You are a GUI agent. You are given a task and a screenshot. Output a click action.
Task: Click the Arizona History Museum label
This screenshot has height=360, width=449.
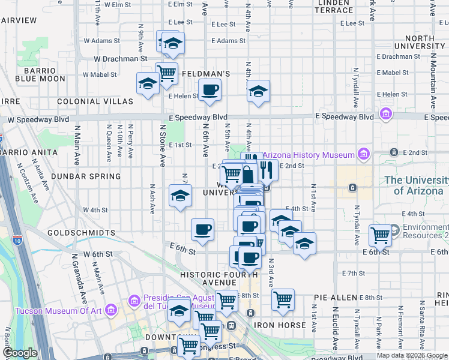pos(309,155)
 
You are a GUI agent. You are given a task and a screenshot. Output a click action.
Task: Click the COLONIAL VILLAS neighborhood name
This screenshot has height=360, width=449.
pos(95,102)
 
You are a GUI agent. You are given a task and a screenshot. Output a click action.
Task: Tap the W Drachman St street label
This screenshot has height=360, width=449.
pos(121,59)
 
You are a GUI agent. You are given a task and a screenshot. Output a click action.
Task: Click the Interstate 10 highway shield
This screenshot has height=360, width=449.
pos(16,241)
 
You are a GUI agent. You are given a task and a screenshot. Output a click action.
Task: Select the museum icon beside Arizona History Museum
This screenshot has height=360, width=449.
pos(363,155)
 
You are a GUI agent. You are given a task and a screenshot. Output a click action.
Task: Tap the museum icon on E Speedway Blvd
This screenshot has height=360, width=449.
pos(385,114)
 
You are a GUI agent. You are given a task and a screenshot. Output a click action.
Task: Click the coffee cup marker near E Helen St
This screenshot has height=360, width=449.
pos(209,90)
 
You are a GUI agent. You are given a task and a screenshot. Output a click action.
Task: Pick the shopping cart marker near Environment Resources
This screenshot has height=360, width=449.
pos(380,235)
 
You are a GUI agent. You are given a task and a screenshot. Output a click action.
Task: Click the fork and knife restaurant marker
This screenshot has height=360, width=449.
pos(268,170)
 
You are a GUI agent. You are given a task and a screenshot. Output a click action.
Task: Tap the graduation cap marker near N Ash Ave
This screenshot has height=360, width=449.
pos(179,196)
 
